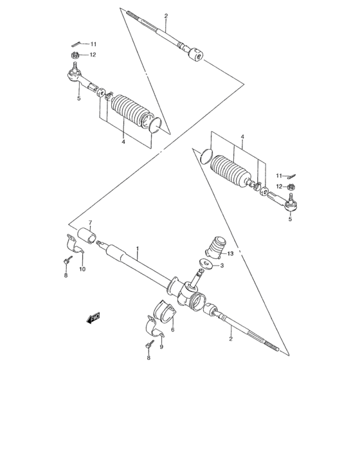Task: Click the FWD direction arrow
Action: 93,318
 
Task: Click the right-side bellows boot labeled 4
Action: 231,172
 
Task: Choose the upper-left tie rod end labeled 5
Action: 80,80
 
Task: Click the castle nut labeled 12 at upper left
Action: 75,56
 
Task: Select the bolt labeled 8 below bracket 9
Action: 148,346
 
